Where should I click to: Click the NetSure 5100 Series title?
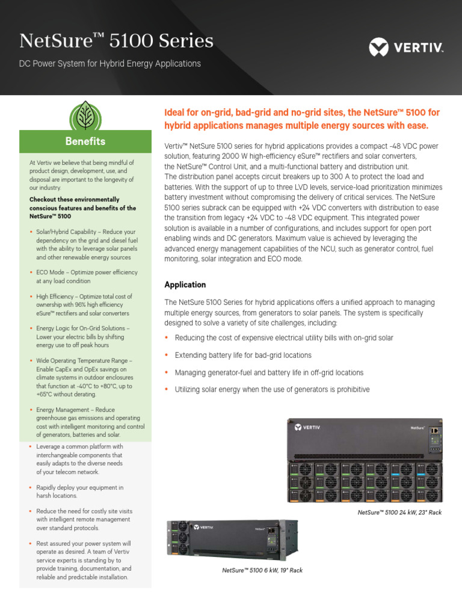pyautogui.click(x=116, y=41)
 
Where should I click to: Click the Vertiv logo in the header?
pyautogui.click(x=405, y=46)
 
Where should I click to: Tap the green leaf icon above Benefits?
pyautogui.click(x=85, y=115)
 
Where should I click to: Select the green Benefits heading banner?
pyautogui.click(x=85, y=141)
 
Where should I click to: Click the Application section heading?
pyautogui.click(x=185, y=285)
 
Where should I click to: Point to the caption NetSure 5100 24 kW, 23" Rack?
pyautogui.click(x=399, y=512)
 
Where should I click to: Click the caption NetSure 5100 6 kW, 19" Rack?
pyautogui.click(x=262, y=570)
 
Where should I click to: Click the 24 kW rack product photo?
pyautogui.click(x=365, y=460)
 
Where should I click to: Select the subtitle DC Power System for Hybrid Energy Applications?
pyautogui.click(x=110, y=63)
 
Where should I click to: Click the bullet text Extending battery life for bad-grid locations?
pyautogui.click(x=243, y=356)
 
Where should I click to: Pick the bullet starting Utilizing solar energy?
pyautogui.click(x=272, y=390)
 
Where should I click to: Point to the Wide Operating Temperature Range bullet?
pyautogui.click(x=84, y=377)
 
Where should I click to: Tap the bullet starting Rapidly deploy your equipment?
pyautogui.click(x=79, y=491)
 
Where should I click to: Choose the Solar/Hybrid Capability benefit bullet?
pyautogui.click(x=84, y=244)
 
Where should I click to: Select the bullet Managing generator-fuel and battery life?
pyautogui.click(x=269, y=373)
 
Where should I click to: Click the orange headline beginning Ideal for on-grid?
pyautogui.click(x=302, y=119)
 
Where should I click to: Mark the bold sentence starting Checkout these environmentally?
pyautogui.click(x=82, y=208)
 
